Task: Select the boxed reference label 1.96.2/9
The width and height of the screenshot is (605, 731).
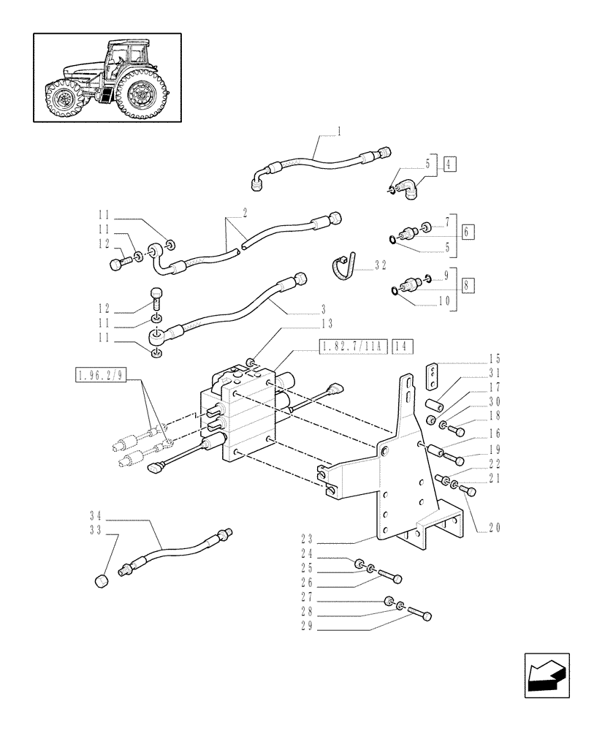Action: coord(101,376)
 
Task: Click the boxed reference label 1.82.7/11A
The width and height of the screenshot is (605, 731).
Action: coord(352,346)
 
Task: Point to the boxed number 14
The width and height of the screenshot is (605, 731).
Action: coord(403,346)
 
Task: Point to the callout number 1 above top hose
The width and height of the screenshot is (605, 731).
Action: coord(319,131)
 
